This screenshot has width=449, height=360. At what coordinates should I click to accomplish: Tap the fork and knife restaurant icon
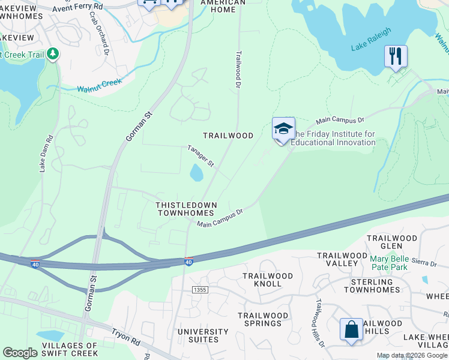396,57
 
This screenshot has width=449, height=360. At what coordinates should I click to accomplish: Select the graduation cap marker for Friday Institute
283,129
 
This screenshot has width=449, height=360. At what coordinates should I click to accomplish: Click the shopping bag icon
351,329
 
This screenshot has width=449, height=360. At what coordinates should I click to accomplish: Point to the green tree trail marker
53,54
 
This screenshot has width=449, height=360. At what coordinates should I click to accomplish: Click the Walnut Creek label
99,85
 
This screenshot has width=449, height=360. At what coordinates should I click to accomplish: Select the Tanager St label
200,155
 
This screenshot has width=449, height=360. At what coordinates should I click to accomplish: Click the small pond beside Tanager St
196,173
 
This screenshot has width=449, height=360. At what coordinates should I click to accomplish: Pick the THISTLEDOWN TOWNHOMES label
185,209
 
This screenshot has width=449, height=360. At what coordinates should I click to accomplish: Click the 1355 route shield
200,290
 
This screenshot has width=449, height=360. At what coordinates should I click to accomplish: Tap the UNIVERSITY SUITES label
203,335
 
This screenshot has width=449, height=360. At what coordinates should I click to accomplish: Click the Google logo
20,353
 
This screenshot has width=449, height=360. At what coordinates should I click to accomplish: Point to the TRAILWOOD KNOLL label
267,280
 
